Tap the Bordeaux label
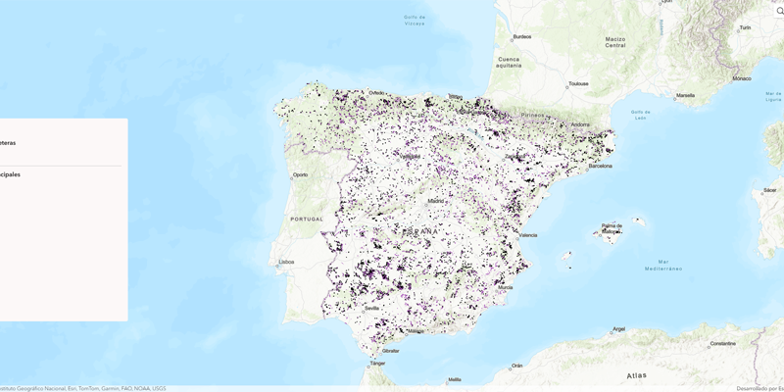(521, 37)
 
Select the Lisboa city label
(287, 262)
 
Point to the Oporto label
(300, 174)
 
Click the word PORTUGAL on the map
(308, 219)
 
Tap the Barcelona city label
(600, 166)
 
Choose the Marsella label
(685, 95)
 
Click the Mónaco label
(742, 78)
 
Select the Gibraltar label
(390, 350)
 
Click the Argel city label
(618, 328)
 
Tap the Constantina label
(723, 343)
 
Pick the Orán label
(516, 366)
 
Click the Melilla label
(454, 379)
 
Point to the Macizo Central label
(614, 42)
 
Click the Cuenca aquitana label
(509, 62)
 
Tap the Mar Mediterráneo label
(663, 265)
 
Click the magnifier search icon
(780, 11)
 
